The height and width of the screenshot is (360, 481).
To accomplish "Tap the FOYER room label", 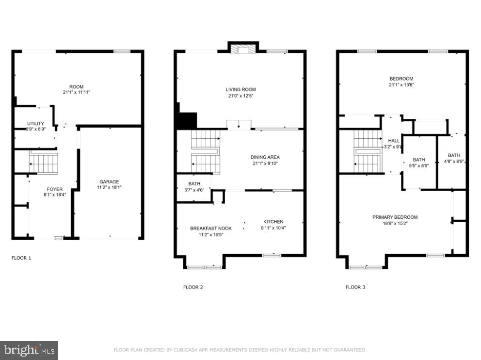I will pos(54,189).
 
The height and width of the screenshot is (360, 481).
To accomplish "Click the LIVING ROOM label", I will pos(240,89).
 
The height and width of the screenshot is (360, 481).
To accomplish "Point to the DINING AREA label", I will pos(265,157).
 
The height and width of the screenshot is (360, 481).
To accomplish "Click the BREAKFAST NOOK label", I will pos(210,229).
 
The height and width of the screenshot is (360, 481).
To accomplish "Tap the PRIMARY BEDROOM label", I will pos(395,217).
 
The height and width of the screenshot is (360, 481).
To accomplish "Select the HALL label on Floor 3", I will pos(393,141).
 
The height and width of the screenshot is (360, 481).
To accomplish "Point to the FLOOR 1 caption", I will pos(21,258).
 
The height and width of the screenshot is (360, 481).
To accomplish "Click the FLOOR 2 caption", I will pos(193,287).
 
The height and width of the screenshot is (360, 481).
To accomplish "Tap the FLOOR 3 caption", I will pos(355,287).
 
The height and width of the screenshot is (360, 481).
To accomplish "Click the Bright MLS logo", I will pos(29,350).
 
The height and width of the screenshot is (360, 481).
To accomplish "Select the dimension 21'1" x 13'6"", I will pos(401,84).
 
